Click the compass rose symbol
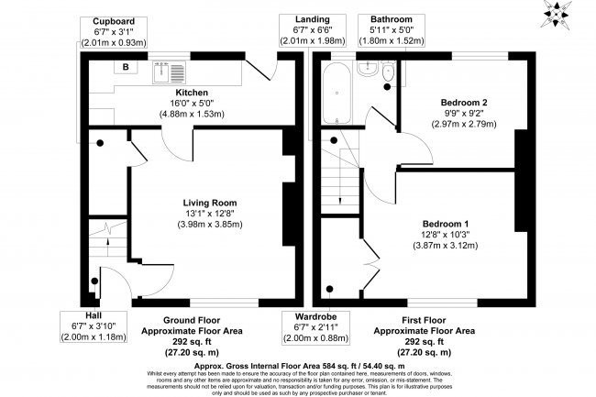(x=557, y=14)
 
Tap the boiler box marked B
(x=126, y=67)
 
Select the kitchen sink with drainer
(x=169, y=72)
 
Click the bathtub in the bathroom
(x=337, y=93)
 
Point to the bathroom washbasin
(x=367, y=69)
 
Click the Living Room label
(x=210, y=203)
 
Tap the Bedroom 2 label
(x=464, y=102)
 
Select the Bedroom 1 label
(x=446, y=224)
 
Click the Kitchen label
(x=192, y=93)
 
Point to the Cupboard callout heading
(x=114, y=21)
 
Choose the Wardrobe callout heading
(x=315, y=316)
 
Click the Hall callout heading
(x=94, y=315)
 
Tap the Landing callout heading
(x=312, y=19)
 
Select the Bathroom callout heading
(x=392, y=19)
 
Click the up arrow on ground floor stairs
(x=107, y=247)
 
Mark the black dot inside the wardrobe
(x=329, y=289)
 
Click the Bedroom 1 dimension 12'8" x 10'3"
(x=446, y=235)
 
